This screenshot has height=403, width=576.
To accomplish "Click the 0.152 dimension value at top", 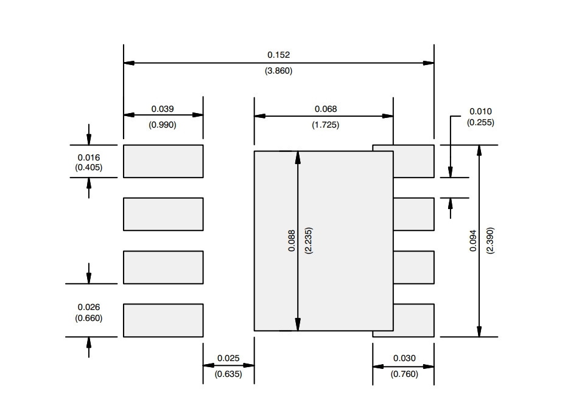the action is pyautogui.click(x=278, y=55).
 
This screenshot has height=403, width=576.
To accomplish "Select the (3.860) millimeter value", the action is pyautogui.click(x=278, y=71).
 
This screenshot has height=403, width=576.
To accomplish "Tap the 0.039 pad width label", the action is pyautogui.click(x=163, y=109).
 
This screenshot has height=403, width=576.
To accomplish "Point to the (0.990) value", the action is pyautogui.click(x=163, y=125).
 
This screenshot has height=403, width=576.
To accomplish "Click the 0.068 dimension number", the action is pyautogui.click(x=326, y=109).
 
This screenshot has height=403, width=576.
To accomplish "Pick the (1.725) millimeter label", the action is pyautogui.click(x=326, y=125).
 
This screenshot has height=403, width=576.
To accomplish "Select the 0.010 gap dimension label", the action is pyautogui.click(x=480, y=111).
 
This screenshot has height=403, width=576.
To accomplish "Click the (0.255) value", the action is pyautogui.click(x=480, y=122).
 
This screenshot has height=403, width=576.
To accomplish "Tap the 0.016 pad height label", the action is pyautogui.click(x=88, y=157).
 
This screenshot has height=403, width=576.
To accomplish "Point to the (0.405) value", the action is pyautogui.click(x=88, y=168).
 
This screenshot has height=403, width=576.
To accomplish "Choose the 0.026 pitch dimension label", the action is pyautogui.click(x=88, y=307).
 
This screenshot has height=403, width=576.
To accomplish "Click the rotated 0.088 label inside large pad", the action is pyautogui.click(x=292, y=241).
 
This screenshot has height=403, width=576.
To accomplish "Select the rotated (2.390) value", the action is pyautogui.click(x=490, y=241).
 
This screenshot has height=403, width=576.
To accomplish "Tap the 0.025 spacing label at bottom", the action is pyautogui.click(x=228, y=358).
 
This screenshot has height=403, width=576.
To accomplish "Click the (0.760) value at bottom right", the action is pyautogui.click(x=404, y=374).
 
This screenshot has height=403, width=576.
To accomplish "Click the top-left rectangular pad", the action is pyautogui.click(x=163, y=161).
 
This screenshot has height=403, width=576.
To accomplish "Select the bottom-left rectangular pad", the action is pyautogui.click(x=163, y=320).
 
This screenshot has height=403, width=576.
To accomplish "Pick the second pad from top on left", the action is pyautogui.click(x=163, y=214).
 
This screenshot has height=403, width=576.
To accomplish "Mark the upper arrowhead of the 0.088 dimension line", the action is pyautogui.click(x=298, y=157).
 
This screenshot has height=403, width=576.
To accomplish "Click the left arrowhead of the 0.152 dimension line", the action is pyautogui.click(x=129, y=63).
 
